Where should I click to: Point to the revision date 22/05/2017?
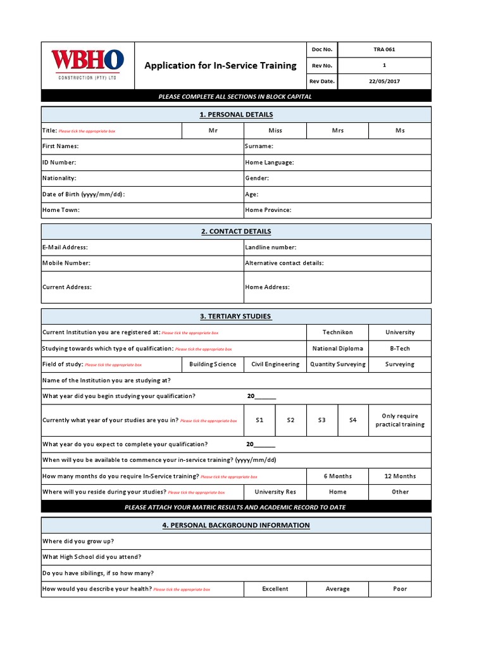(x=384, y=81)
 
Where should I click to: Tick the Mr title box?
(x=213, y=130)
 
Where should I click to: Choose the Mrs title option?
(x=337, y=130)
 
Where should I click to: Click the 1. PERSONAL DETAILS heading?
(x=236, y=115)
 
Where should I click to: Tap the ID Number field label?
(x=59, y=163)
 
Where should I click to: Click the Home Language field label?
(x=269, y=163)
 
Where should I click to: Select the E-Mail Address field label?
(x=65, y=247)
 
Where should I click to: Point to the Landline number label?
(x=270, y=247)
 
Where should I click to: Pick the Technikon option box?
(x=337, y=332)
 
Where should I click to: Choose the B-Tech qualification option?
(x=400, y=349)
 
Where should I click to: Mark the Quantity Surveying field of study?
(x=337, y=364)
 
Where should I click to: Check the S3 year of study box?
(x=321, y=420)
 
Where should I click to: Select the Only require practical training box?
(x=400, y=420)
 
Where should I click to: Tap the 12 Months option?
(x=400, y=476)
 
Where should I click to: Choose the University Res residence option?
(x=275, y=492)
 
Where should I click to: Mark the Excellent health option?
(x=275, y=589)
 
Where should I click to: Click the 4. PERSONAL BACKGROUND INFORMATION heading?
(x=236, y=525)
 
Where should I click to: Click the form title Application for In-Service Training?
(x=220, y=66)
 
